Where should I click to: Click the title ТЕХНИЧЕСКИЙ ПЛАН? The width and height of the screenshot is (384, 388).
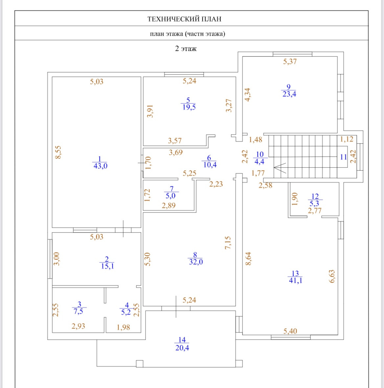(x=184, y=19)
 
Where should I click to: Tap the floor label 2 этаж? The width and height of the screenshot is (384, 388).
(x=186, y=49)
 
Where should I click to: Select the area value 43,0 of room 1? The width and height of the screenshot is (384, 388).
(x=100, y=166)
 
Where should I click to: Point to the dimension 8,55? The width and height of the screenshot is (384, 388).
(x=58, y=152)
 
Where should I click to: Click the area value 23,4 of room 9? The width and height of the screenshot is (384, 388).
(x=289, y=94)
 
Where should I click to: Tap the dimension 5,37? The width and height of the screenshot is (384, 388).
(x=290, y=61)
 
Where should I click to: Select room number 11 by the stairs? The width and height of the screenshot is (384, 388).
(x=343, y=157)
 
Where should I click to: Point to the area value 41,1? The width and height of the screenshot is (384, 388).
(x=295, y=281)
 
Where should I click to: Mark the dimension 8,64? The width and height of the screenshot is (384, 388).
(x=248, y=259)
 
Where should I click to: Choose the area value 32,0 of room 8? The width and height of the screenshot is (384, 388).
(x=196, y=262)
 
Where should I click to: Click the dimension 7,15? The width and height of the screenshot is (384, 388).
(x=228, y=243)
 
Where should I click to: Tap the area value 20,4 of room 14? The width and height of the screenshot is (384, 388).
(x=182, y=348)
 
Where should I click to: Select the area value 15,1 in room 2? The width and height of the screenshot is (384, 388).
(x=107, y=266)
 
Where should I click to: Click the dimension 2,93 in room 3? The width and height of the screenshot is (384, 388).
(x=78, y=326)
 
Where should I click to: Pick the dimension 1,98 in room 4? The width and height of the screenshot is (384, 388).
(x=123, y=327)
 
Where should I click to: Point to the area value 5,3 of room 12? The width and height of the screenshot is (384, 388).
(x=314, y=204)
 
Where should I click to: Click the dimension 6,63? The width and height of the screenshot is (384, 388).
(x=332, y=276)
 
